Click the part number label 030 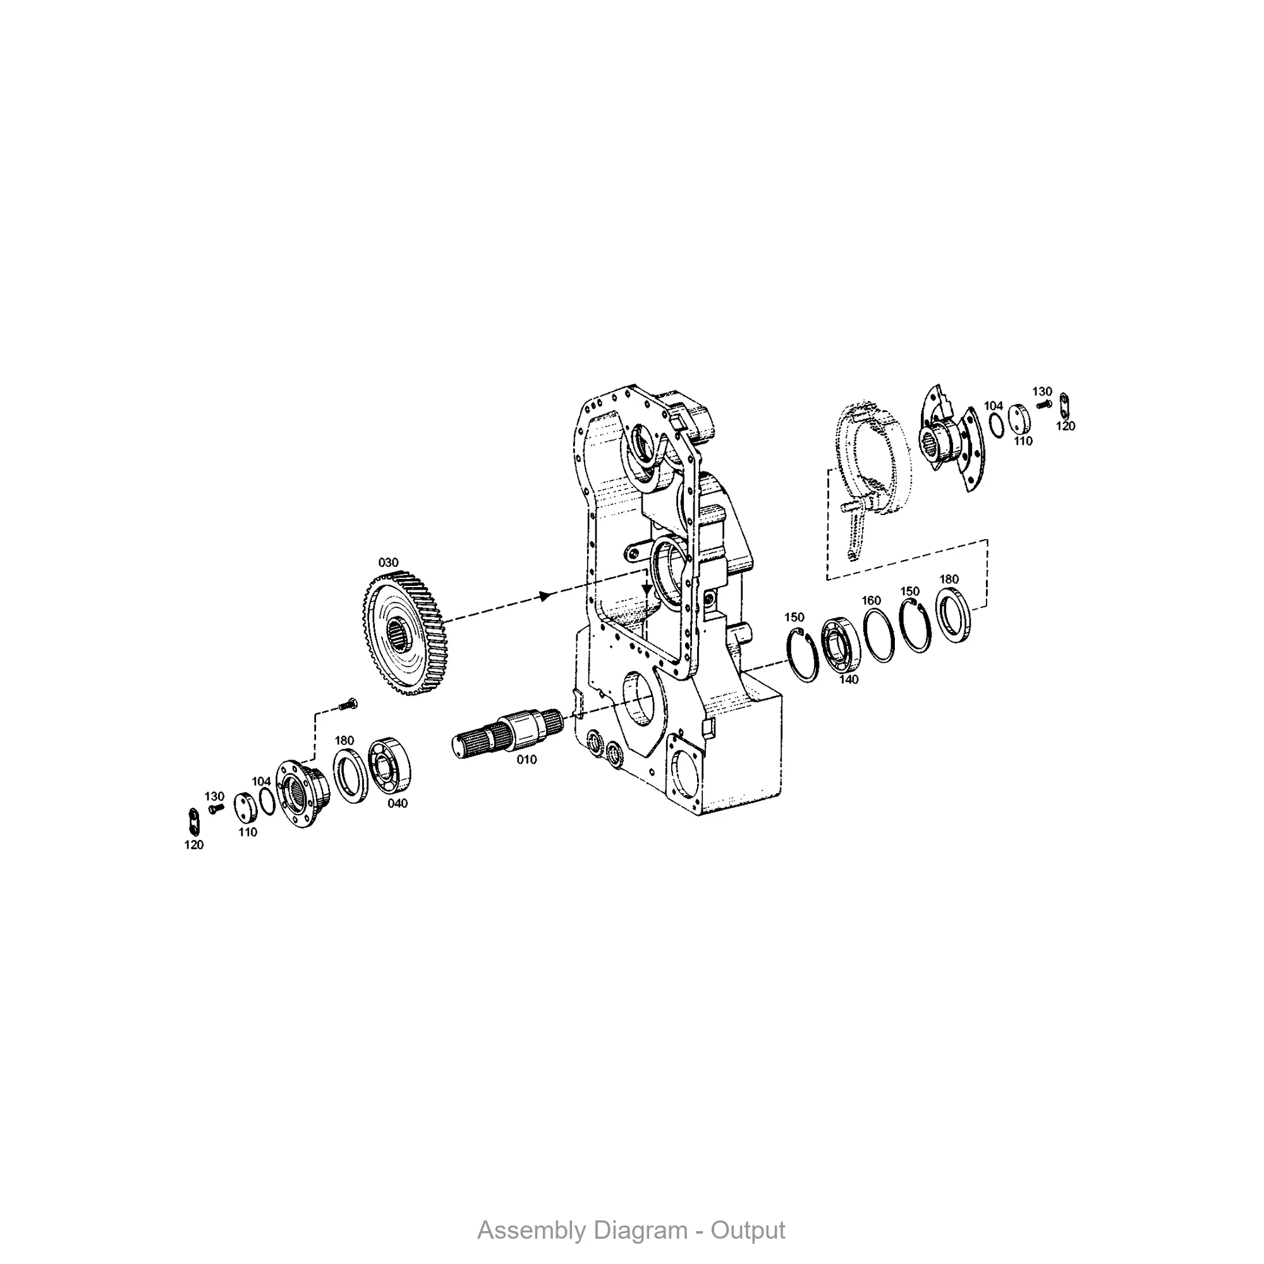point(388,562)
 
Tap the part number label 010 point(526,760)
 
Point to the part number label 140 point(849,680)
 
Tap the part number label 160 point(871,600)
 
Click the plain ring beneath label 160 point(878,635)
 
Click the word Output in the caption point(748,1230)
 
